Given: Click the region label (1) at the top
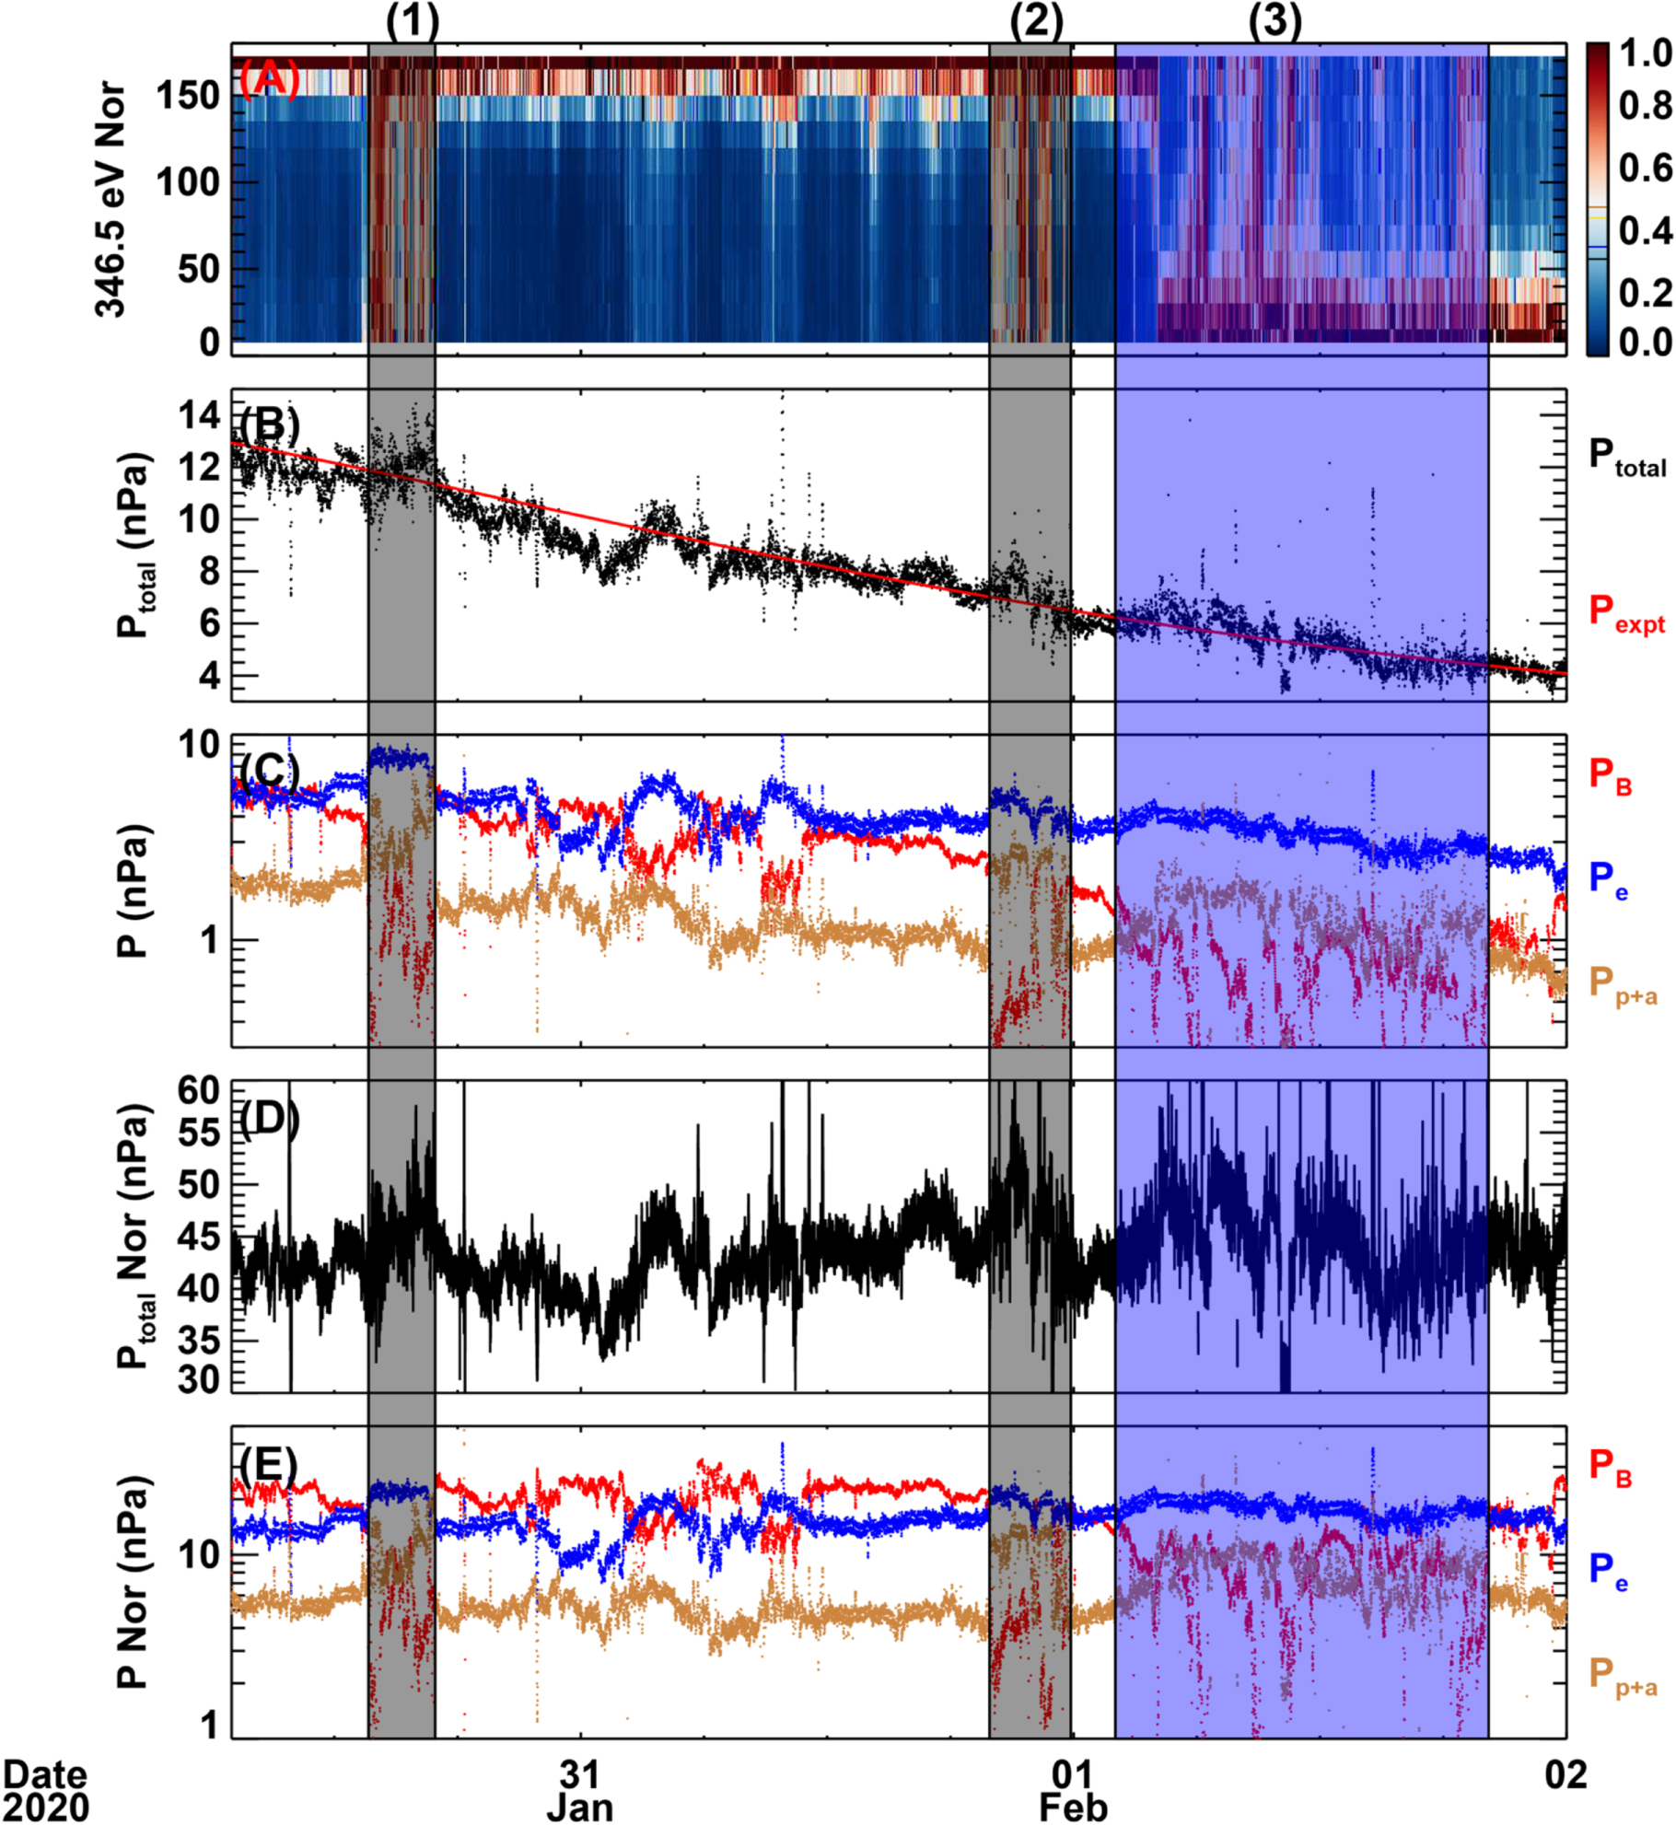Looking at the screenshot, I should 412,20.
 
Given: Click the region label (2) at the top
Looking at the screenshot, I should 1036,20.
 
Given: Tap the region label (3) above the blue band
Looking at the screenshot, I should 1275,20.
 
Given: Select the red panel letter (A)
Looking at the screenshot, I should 269,79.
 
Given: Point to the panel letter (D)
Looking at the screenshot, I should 269,1119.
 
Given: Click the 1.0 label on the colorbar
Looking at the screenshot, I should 1646,53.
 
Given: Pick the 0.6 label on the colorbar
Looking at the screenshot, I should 1646,168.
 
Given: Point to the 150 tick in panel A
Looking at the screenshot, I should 188,95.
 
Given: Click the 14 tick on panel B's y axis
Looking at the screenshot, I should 200,415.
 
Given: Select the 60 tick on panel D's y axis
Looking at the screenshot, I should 199,1090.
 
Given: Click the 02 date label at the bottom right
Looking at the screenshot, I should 1566,1774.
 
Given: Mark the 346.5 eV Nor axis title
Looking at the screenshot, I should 111,199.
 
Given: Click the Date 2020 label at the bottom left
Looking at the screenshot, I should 46,1790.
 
